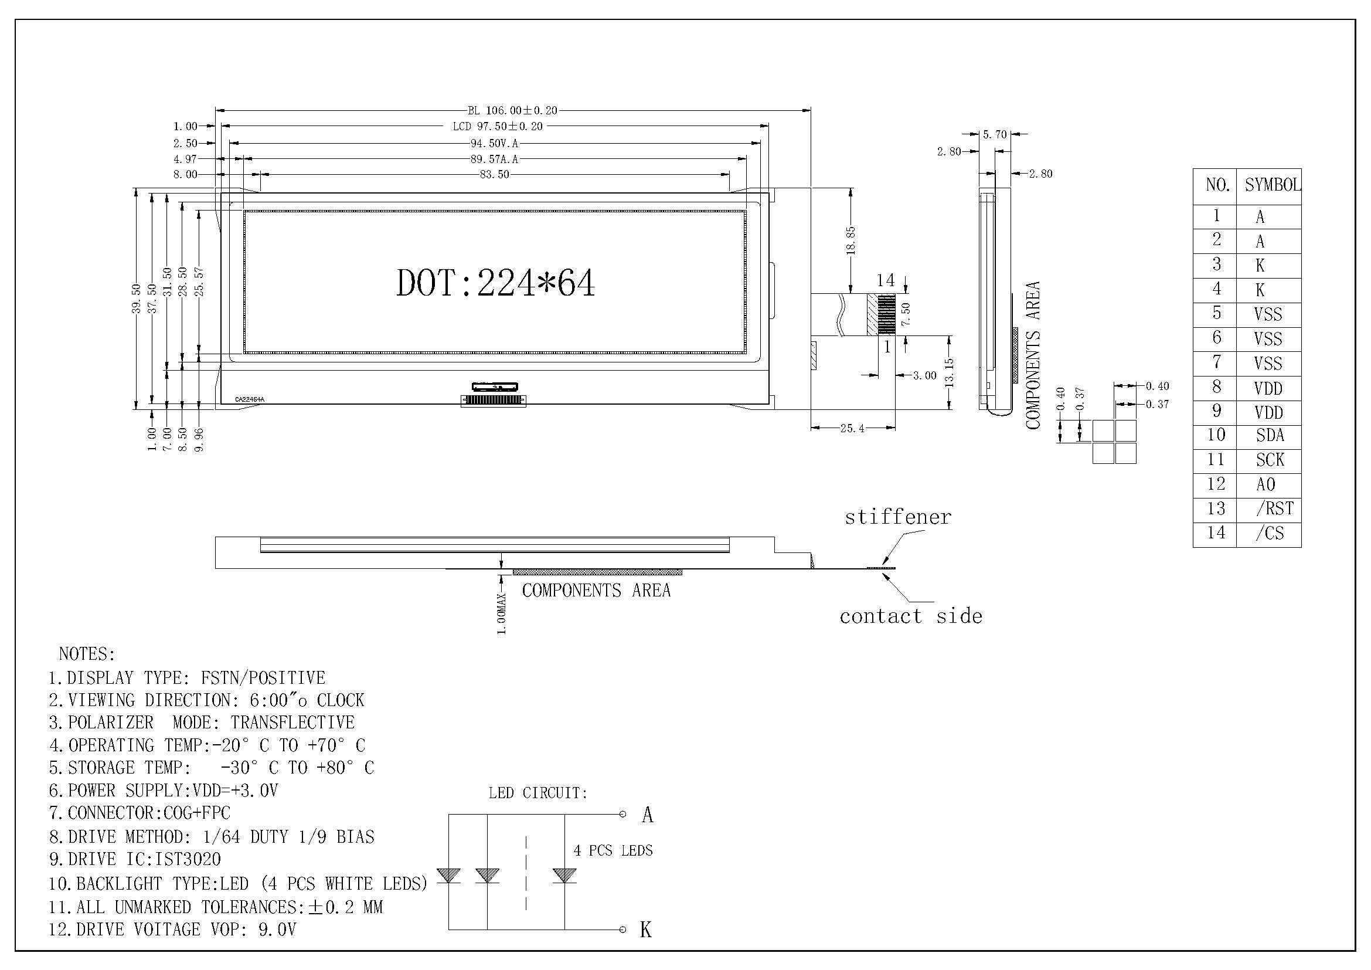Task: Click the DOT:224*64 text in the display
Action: tap(495, 283)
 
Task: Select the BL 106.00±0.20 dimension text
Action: tap(512, 110)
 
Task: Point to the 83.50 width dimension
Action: tap(495, 174)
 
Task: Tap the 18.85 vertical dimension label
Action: tap(851, 240)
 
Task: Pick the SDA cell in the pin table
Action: tap(1270, 435)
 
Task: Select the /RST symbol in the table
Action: tap(1274, 509)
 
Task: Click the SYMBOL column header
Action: tap(1272, 185)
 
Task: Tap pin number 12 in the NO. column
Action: tap(1216, 484)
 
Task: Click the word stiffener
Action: tap(897, 517)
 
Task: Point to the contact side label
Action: tap(911, 616)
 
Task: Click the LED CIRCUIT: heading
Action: tap(538, 793)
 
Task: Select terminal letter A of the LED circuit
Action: tap(647, 815)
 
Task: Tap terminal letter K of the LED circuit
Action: tap(645, 930)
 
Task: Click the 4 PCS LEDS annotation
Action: tap(613, 850)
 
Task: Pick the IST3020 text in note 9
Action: tap(188, 860)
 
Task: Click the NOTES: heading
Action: tap(87, 654)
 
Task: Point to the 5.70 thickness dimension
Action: tap(995, 134)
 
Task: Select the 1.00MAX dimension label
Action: tap(502, 613)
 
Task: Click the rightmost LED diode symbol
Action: tap(564, 876)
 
